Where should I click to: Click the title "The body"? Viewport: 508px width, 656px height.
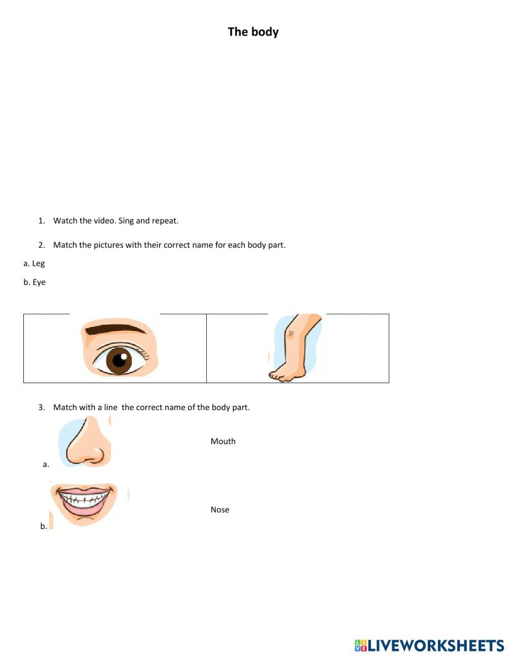253,32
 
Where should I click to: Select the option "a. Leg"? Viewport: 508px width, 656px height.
34,263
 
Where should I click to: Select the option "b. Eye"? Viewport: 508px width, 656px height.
35,282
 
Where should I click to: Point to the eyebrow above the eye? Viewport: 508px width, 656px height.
116,330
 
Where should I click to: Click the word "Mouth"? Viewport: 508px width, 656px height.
223,441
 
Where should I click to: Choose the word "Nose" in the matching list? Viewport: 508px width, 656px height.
220,510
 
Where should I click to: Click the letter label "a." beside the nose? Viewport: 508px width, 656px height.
46,464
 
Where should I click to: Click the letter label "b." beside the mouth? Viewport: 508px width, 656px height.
44,526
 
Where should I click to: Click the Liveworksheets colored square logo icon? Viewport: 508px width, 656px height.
361,645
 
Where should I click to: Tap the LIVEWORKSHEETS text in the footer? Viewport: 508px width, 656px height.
436,645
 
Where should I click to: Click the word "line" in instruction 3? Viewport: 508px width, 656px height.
111,407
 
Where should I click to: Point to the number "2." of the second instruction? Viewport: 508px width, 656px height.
42,245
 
